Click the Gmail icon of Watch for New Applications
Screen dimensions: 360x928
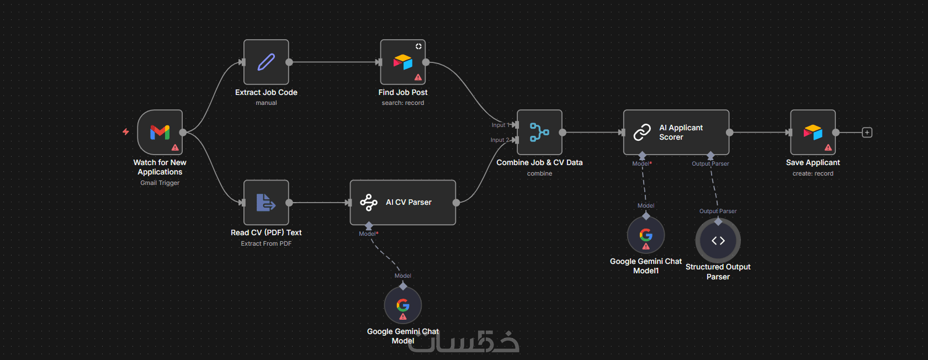[160, 132]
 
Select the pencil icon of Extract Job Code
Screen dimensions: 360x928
[266, 62]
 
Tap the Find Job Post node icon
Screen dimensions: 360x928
[403, 62]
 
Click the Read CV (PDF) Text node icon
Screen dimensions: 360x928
[266, 203]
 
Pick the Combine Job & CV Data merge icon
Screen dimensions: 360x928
[539, 132]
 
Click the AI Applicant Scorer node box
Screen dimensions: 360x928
[676, 133]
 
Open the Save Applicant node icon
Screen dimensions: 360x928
[813, 132]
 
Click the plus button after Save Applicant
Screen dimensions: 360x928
[867, 133]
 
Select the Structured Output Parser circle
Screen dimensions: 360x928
[718, 241]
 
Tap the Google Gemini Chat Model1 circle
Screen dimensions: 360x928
[646, 235]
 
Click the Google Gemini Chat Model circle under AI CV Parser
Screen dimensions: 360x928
[403, 305]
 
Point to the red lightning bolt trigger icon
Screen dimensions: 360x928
[126, 132]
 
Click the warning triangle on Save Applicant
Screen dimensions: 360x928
[828, 147]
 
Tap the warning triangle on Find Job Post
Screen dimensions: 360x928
[418, 77]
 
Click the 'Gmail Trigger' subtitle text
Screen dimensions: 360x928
[160, 183]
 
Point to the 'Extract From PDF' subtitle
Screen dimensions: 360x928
[266, 243]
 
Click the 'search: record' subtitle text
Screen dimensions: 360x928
[403, 103]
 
